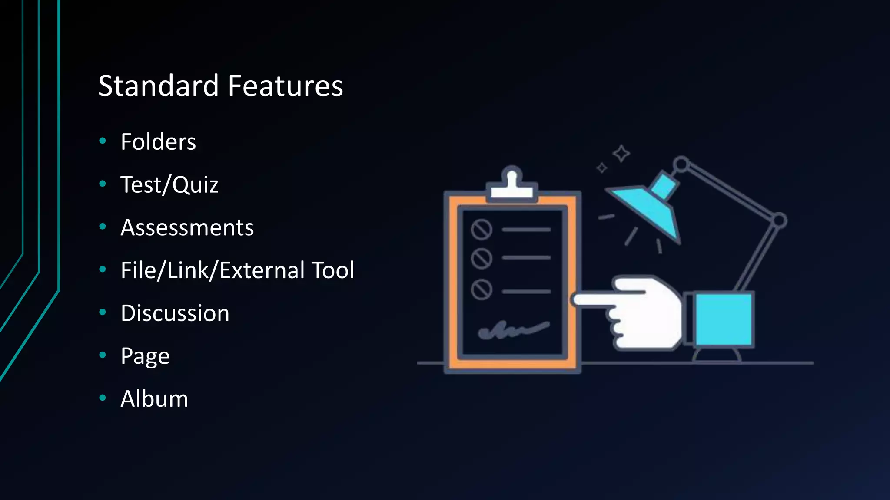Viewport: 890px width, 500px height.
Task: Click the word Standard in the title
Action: [x=158, y=86]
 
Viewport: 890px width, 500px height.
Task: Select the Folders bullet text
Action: [x=158, y=142]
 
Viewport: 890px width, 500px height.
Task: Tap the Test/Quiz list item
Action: [x=169, y=185]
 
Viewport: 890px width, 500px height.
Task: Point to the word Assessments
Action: [x=187, y=227]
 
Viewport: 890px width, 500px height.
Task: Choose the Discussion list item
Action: [x=175, y=313]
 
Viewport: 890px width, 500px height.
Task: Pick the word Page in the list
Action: [x=145, y=356]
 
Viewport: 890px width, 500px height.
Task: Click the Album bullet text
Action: [x=154, y=398]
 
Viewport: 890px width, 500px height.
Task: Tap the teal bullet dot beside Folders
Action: [x=103, y=141]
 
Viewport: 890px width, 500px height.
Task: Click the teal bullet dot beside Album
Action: [x=103, y=398]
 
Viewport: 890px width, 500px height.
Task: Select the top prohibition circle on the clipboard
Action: [x=482, y=229]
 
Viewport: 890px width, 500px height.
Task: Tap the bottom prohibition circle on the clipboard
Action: [x=482, y=289]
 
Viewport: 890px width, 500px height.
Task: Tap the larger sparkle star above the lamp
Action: [x=621, y=153]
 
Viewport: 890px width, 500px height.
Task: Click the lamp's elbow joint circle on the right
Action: [x=779, y=220]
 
